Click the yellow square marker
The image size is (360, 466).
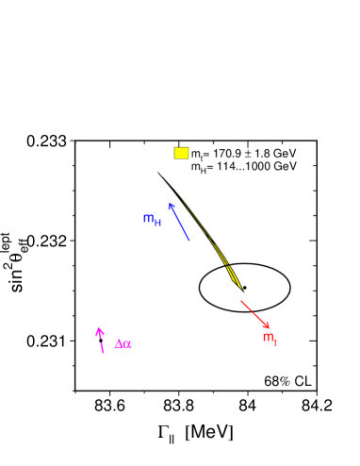coord(181,153)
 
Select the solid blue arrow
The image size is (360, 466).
coord(179,222)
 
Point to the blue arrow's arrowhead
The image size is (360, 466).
coord(171,205)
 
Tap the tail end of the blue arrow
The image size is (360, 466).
coord(189,241)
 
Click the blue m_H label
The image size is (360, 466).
coord(152,220)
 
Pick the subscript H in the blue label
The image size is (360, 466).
coord(158,223)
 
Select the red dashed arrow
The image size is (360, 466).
coord(254,314)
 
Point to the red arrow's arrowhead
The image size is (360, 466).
coord(268,327)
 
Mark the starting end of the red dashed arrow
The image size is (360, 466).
coord(240,300)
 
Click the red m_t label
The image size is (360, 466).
coord(270,339)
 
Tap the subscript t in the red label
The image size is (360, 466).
coord(275,342)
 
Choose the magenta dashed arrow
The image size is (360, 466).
coord(100,341)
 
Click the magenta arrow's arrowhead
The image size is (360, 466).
coord(98,330)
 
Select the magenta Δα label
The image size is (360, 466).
coord(123,344)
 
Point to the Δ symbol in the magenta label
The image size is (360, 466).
coord(119,344)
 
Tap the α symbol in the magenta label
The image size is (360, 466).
coord(127,345)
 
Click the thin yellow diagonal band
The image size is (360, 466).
coord(215,245)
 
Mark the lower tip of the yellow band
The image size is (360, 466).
coord(241,288)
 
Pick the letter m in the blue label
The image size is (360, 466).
coord(148,219)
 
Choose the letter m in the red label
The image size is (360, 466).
coord(268,338)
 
